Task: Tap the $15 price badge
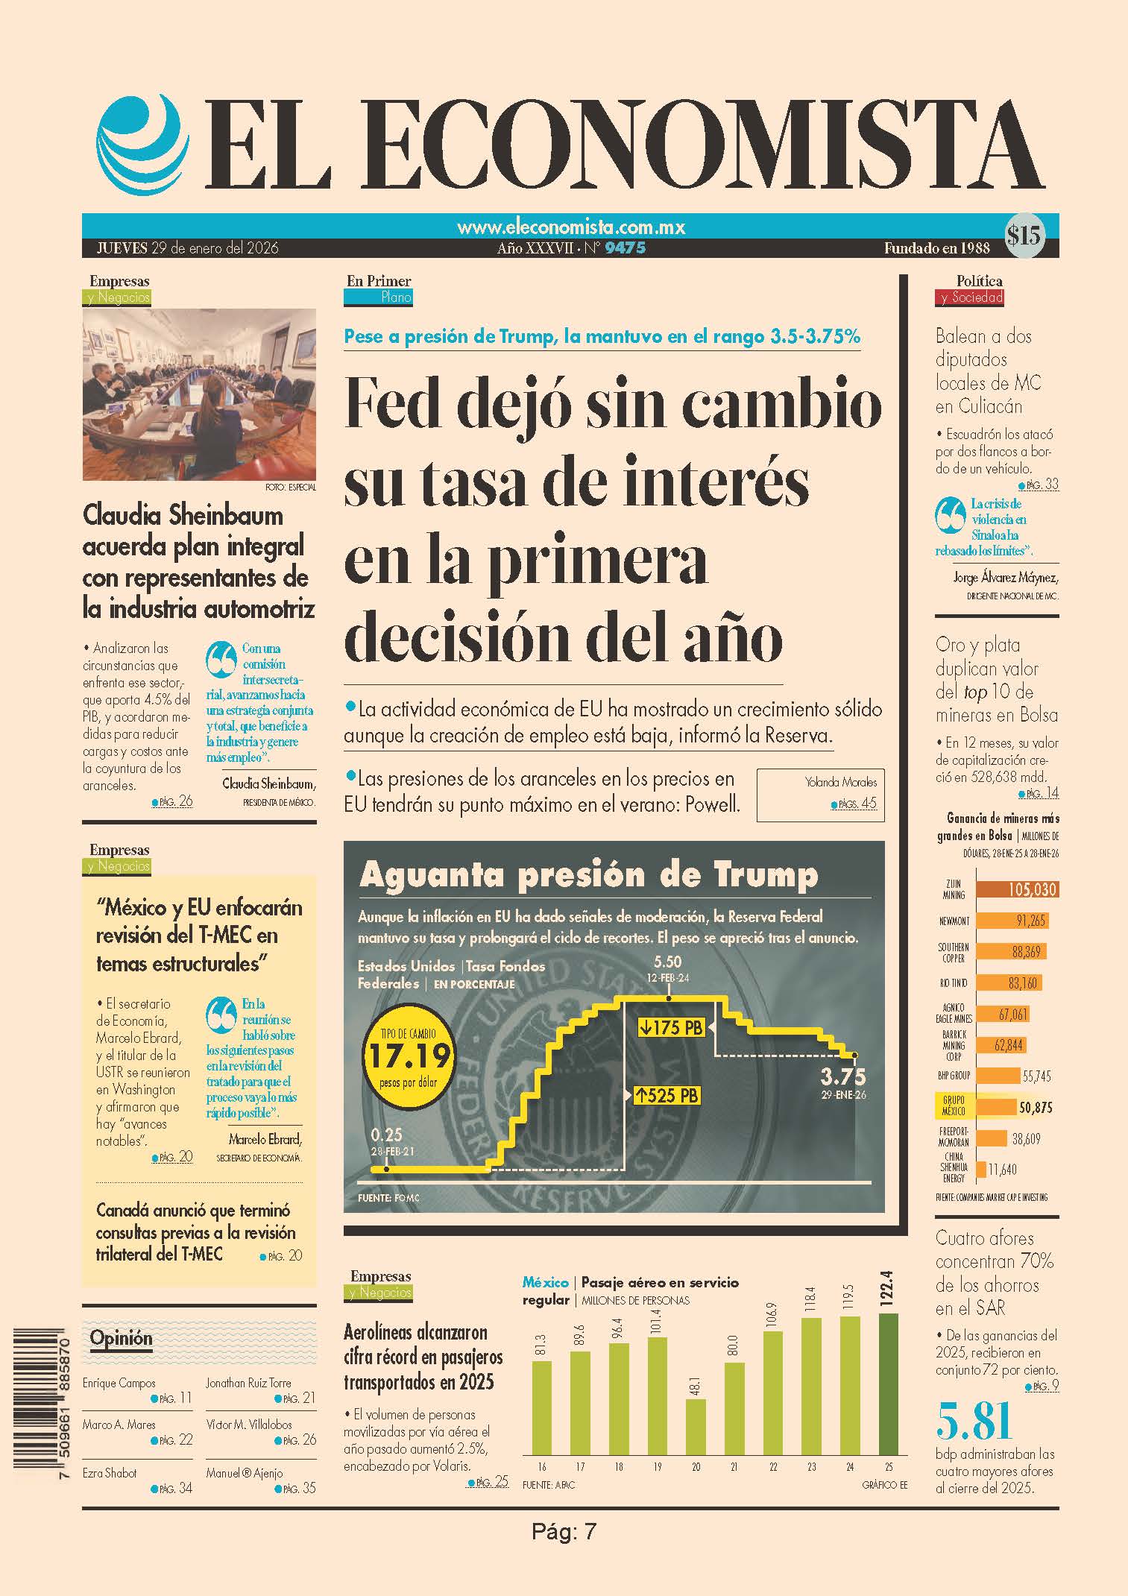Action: point(1024,236)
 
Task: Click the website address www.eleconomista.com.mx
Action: point(570,227)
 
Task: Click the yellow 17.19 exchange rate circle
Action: point(409,1055)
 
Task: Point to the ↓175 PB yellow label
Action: point(671,1027)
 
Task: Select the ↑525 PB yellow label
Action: point(667,1095)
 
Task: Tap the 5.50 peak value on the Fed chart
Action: point(667,963)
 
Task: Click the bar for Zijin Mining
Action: point(1017,889)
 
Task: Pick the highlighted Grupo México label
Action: point(954,1106)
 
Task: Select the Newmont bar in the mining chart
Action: point(1012,921)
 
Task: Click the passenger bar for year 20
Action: point(696,1427)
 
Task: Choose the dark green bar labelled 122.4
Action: point(889,1384)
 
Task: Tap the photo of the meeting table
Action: point(199,395)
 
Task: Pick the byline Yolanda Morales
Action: point(841,782)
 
